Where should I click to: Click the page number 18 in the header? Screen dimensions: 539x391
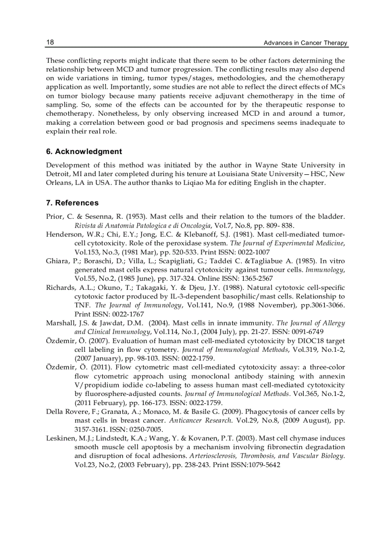click(50, 42)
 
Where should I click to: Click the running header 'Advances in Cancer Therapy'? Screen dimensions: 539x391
click(306, 43)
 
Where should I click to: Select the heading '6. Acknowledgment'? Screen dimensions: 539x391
click(84, 152)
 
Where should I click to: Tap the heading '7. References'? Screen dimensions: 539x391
click(72, 203)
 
